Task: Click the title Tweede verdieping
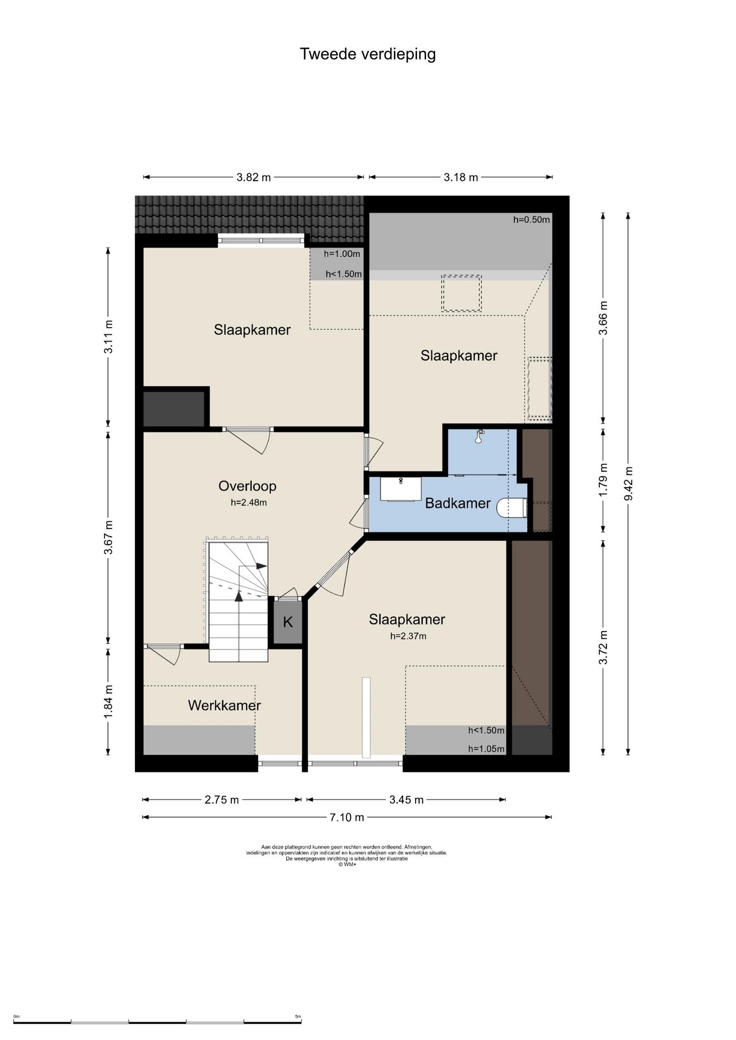point(367,54)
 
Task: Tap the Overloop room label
point(247,486)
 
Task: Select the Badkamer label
point(457,503)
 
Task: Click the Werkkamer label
point(224,705)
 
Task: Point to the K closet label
point(288,622)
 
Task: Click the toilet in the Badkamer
point(512,509)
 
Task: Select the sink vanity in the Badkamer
point(401,489)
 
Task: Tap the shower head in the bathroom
point(479,436)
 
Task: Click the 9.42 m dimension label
point(628,484)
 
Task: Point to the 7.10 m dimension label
point(347,817)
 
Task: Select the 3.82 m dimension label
point(254,177)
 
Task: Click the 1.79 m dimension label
point(603,479)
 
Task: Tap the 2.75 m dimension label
point(222,799)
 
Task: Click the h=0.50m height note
point(531,220)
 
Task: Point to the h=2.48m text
point(249,502)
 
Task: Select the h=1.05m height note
point(486,749)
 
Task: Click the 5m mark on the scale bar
point(298,1017)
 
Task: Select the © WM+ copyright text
point(347,864)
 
